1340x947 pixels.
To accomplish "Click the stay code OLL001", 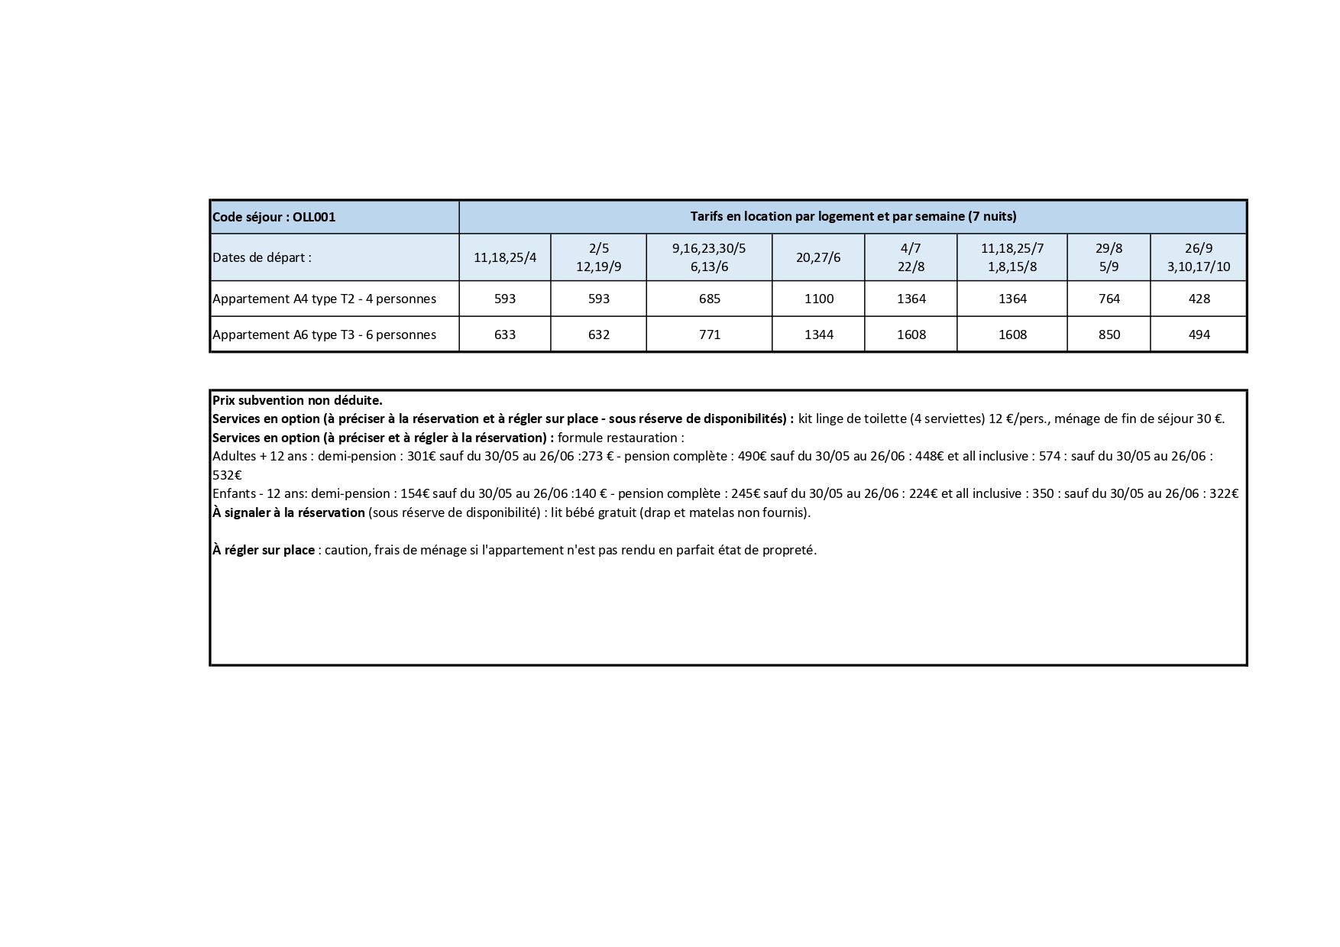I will coord(274,218).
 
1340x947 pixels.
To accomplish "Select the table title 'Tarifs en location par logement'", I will coord(853,217).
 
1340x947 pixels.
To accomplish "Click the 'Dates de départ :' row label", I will coord(262,257).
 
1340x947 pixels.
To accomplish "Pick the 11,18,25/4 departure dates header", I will coord(505,257).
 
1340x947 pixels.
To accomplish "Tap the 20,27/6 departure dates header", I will coord(818,257).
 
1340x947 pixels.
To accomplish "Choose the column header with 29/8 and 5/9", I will coord(1109,257).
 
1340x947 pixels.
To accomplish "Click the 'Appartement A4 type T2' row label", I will coord(324,299).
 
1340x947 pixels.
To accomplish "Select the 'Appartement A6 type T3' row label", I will coord(324,335).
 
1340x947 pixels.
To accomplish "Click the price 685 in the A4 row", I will coord(709,299).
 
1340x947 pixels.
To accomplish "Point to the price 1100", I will coord(818,299).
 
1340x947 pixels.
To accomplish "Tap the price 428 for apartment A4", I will coord(1199,299).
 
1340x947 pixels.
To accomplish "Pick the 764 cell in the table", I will coord(1109,299).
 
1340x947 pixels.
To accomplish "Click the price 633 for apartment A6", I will coord(505,335).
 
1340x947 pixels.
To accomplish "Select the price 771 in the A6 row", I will coord(709,335).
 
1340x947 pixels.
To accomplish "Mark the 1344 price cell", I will coord(818,335).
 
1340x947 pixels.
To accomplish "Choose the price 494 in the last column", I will coord(1199,335).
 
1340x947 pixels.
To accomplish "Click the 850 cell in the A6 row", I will coord(1109,335).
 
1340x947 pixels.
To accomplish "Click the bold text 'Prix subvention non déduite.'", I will coord(297,400).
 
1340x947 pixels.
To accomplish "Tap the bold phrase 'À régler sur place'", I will coord(264,550).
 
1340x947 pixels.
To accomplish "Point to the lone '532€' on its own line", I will coord(227,475).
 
